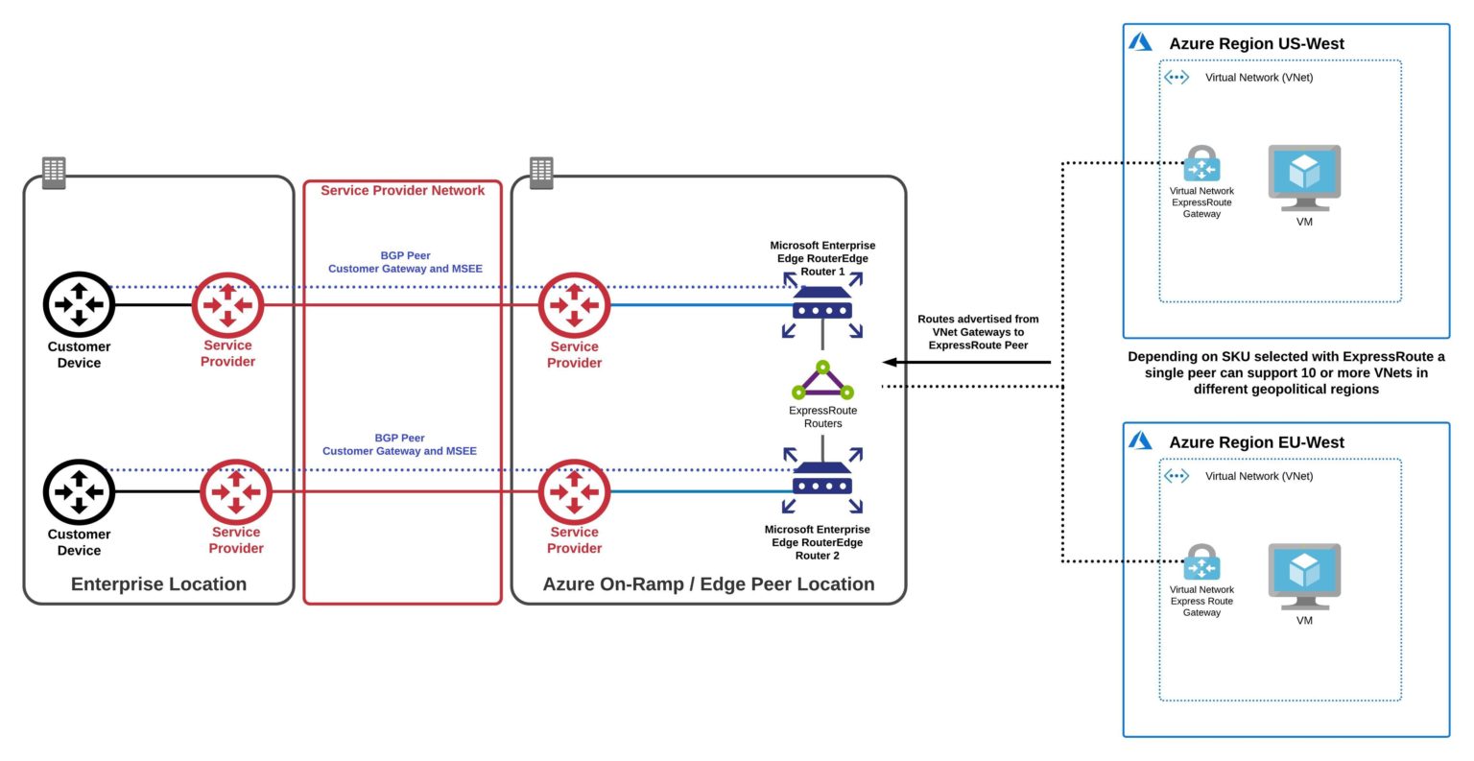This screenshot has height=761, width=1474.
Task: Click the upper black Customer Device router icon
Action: tap(79, 305)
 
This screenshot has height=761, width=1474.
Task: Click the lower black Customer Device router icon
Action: tap(79, 492)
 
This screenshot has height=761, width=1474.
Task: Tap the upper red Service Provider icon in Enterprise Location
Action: tap(227, 305)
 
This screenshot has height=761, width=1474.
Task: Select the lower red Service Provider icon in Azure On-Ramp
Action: tap(574, 492)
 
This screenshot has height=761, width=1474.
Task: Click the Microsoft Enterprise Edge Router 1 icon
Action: tap(822, 306)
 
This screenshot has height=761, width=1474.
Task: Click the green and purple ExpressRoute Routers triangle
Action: tap(822, 382)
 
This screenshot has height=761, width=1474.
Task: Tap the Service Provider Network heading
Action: tap(402, 191)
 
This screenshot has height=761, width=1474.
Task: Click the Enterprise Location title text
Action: tap(158, 584)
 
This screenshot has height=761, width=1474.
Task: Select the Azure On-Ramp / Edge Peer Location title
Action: tap(708, 584)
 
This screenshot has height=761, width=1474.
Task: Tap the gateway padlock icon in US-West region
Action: tap(1201, 165)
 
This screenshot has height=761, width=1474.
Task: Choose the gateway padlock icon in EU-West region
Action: tap(1201, 563)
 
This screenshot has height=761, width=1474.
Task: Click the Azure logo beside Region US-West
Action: tap(1140, 42)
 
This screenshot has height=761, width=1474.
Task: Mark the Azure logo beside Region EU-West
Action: tap(1140, 440)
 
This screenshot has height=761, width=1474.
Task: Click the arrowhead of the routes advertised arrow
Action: tap(890, 362)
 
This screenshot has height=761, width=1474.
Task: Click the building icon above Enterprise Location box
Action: tap(55, 173)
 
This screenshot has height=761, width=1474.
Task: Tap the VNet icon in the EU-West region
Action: tap(1177, 476)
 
